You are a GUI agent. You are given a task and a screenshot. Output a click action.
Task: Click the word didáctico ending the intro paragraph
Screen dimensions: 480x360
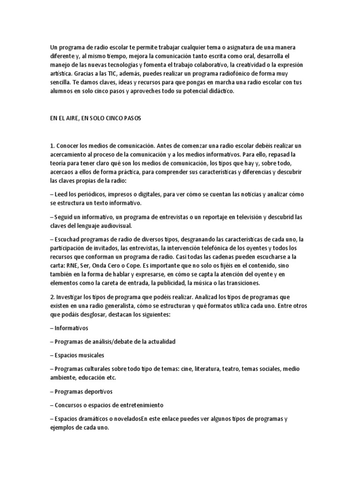click(x=218, y=92)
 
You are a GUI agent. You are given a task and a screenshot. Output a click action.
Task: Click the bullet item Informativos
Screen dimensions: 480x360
click(x=70, y=328)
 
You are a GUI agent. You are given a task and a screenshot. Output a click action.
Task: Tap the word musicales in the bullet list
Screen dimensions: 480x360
click(x=91, y=355)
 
